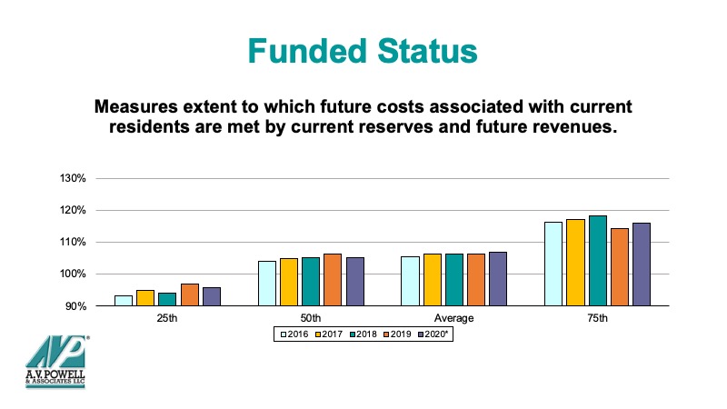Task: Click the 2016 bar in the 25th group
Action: pos(124,301)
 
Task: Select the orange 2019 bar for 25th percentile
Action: pos(190,294)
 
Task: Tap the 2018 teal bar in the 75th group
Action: pos(598,261)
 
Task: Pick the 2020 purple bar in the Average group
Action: pos(498,279)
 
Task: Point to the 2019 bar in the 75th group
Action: pos(620,267)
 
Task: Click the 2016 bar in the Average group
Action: pos(410,281)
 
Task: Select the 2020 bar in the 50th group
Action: pos(355,282)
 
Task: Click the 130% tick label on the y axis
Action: pos(73,178)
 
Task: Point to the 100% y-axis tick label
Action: pos(73,274)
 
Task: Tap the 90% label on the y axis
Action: pos(75,306)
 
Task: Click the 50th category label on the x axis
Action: pos(311,319)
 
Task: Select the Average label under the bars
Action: pos(453,319)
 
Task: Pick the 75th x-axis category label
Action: pos(597,319)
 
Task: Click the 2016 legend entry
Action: pos(294,334)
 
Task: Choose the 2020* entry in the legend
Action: pos(433,334)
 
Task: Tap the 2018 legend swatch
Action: pos(353,334)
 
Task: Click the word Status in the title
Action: pos(427,51)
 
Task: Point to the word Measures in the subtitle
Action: pos(135,106)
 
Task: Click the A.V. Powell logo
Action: pos(56,361)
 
